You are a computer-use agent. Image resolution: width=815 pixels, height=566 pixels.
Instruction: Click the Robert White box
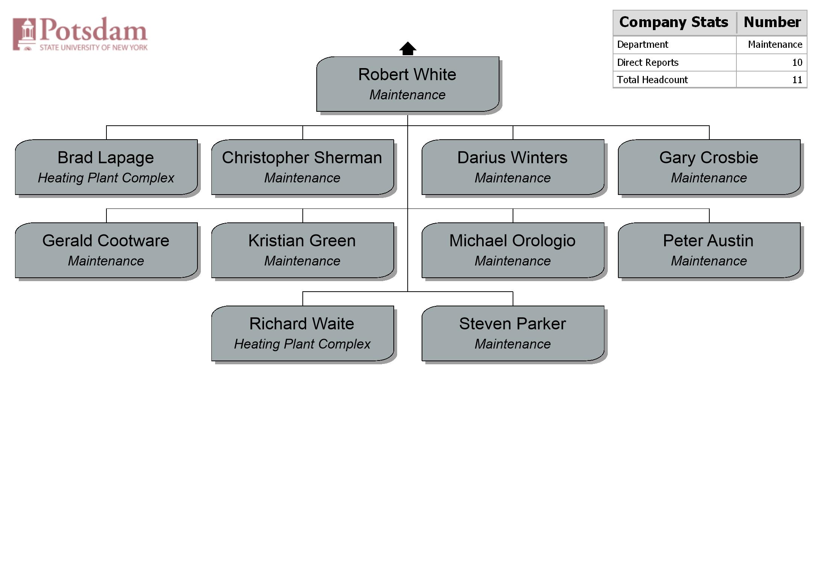click(408, 84)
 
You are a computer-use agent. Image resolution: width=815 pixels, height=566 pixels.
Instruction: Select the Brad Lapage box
click(106, 167)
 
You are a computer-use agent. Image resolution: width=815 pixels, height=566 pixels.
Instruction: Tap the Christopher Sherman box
click(303, 167)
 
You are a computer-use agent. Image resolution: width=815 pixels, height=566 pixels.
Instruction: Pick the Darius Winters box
click(513, 167)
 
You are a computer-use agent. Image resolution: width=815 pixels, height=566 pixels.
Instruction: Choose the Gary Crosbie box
click(709, 167)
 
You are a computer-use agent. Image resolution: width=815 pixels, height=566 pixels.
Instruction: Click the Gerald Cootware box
click(106, 250)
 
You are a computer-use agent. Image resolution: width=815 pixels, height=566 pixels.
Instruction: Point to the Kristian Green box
click(303, 250)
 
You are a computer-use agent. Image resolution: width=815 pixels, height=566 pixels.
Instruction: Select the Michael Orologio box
click(513, 250)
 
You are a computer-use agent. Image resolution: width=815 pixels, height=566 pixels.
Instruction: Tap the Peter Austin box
click(709, 250)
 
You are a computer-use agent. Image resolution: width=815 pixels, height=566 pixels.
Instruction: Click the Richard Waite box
click(303, 333)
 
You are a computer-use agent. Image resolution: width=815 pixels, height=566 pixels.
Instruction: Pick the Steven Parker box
click(513, 333)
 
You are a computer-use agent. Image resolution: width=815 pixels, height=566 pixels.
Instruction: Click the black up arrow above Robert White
click(408, 49)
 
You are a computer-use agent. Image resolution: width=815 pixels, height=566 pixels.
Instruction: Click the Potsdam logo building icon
click(24, 34)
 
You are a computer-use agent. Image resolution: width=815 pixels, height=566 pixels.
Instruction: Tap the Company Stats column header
click(674, 22)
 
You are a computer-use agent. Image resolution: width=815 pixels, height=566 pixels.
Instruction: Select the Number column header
click(772, 22)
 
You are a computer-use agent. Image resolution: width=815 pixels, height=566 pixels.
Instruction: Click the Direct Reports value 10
click(797, 62)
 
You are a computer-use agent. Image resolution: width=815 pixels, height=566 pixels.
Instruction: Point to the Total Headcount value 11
click(797, 80)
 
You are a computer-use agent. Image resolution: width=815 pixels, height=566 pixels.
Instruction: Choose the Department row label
click(642, 44)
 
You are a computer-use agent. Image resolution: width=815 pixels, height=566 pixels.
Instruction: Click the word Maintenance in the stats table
click(775, 44)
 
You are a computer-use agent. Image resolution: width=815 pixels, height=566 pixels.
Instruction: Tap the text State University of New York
click(94, 47)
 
